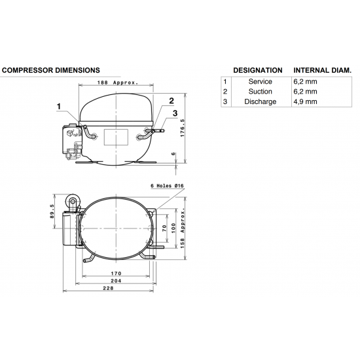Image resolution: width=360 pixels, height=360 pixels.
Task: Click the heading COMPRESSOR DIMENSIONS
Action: (x=51, y=69)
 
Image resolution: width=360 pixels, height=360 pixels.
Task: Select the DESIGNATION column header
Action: (x=257, y=69)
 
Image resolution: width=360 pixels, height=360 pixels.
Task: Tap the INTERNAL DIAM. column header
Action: (x=322, y=69)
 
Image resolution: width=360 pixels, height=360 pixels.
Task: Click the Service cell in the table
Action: (x=260, y=81)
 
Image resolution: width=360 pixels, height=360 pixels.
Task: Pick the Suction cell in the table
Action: (x=260, y=92)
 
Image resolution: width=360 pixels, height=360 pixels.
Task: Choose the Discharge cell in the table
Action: (x=260, y=101)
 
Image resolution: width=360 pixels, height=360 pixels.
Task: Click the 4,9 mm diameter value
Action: (x=306, y=101)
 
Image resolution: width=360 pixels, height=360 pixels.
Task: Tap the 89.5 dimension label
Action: (x=52, y=212)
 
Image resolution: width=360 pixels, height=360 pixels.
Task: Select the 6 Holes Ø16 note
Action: (x=166, y=187)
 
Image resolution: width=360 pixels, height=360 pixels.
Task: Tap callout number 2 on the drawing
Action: (x=171, y=100)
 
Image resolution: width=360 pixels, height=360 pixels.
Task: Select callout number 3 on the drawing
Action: (x=175, y=113)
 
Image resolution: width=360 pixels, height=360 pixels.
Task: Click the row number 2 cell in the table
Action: (x=225, y=92)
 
